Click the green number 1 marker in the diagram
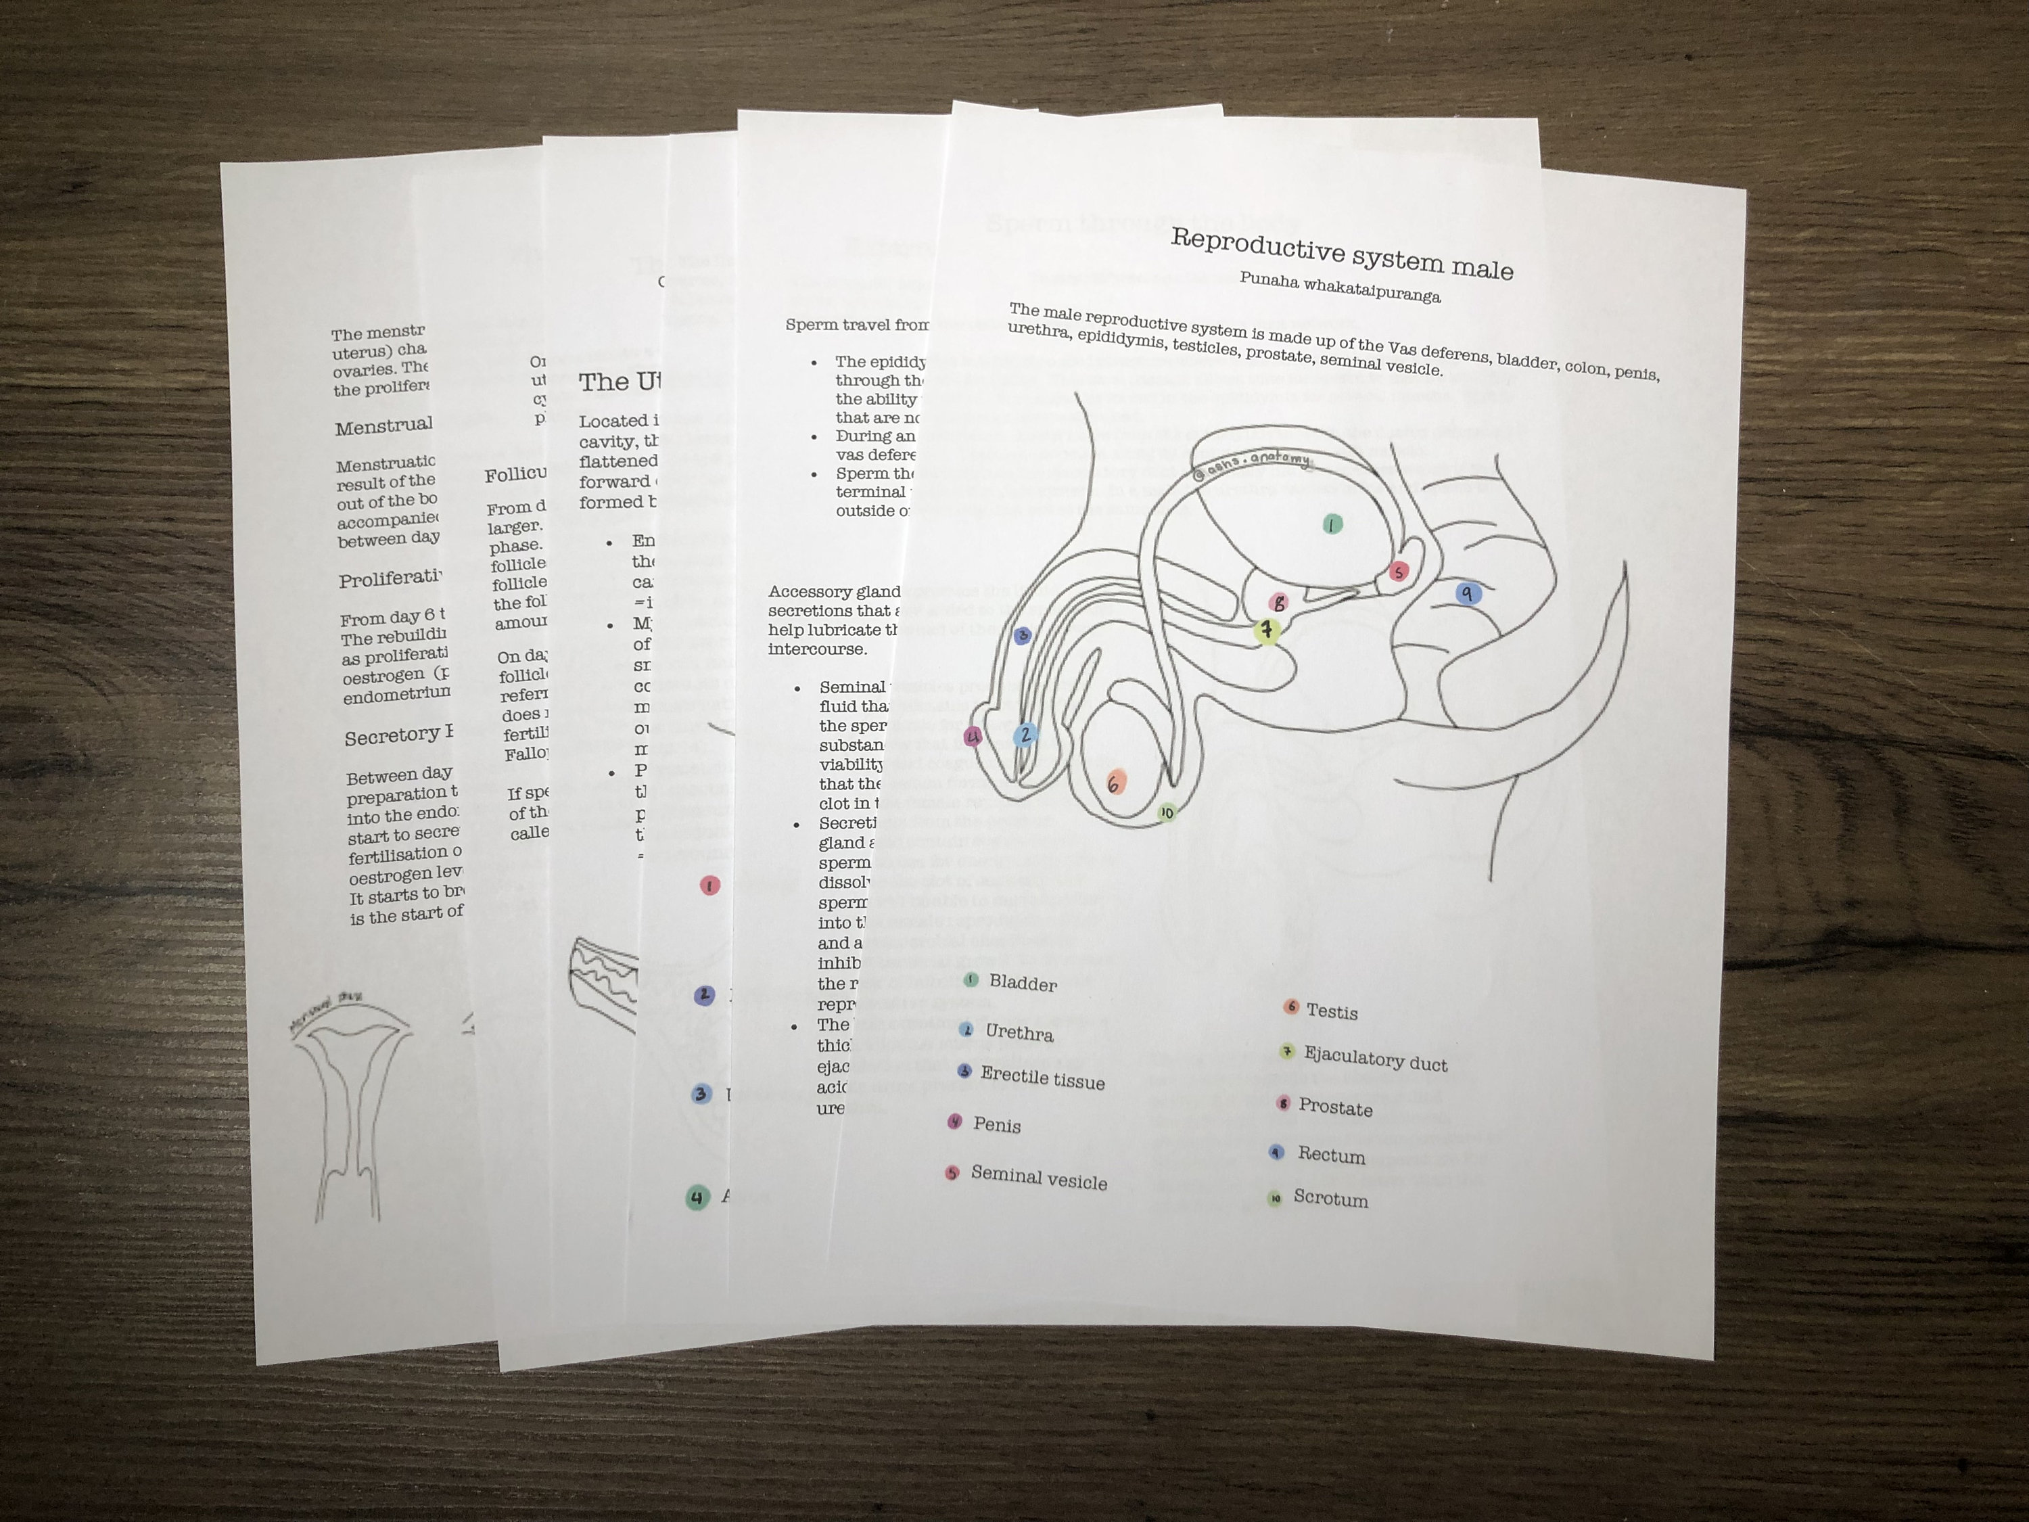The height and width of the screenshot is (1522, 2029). coord(1332,524)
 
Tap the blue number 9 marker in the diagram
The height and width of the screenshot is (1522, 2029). coord(1468,593)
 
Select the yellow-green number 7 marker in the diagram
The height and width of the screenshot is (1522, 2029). coord(1267,630)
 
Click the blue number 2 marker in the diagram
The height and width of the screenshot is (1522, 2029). coord(1025,734)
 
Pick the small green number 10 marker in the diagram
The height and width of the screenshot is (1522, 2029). coord(1166,812)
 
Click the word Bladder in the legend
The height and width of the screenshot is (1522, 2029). coord(1023,983)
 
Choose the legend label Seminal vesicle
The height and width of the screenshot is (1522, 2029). coord(1038,1178)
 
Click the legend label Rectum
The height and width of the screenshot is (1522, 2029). coord(1331,1155)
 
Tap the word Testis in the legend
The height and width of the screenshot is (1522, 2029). coord(1331,1011)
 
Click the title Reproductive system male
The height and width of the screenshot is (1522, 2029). coord(1341,253)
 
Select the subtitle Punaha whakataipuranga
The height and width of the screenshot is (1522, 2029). coord(1339,287)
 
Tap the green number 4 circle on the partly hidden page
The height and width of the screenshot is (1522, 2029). coord(697,1197)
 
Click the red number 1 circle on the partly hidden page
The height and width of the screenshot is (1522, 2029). coord(709,885)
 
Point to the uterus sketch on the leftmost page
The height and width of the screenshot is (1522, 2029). coord(348,1101)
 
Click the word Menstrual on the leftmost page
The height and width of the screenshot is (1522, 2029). coord(383,425)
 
